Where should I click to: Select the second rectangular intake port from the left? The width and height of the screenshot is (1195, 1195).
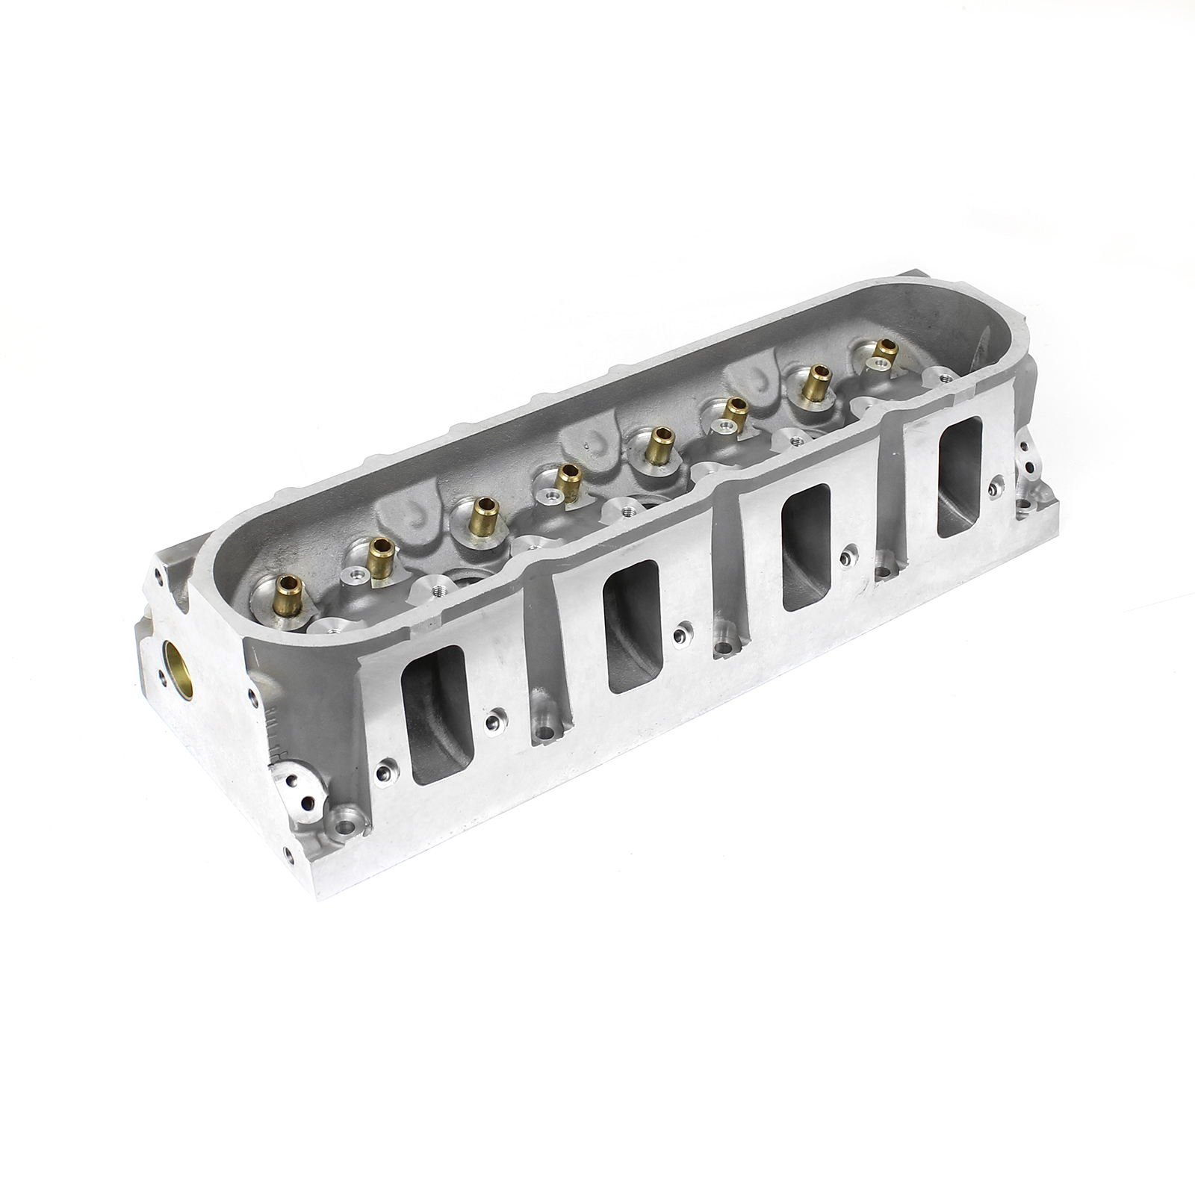click(x=633, y=626)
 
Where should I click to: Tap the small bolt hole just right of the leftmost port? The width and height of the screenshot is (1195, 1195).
click(x=493, y=721)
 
